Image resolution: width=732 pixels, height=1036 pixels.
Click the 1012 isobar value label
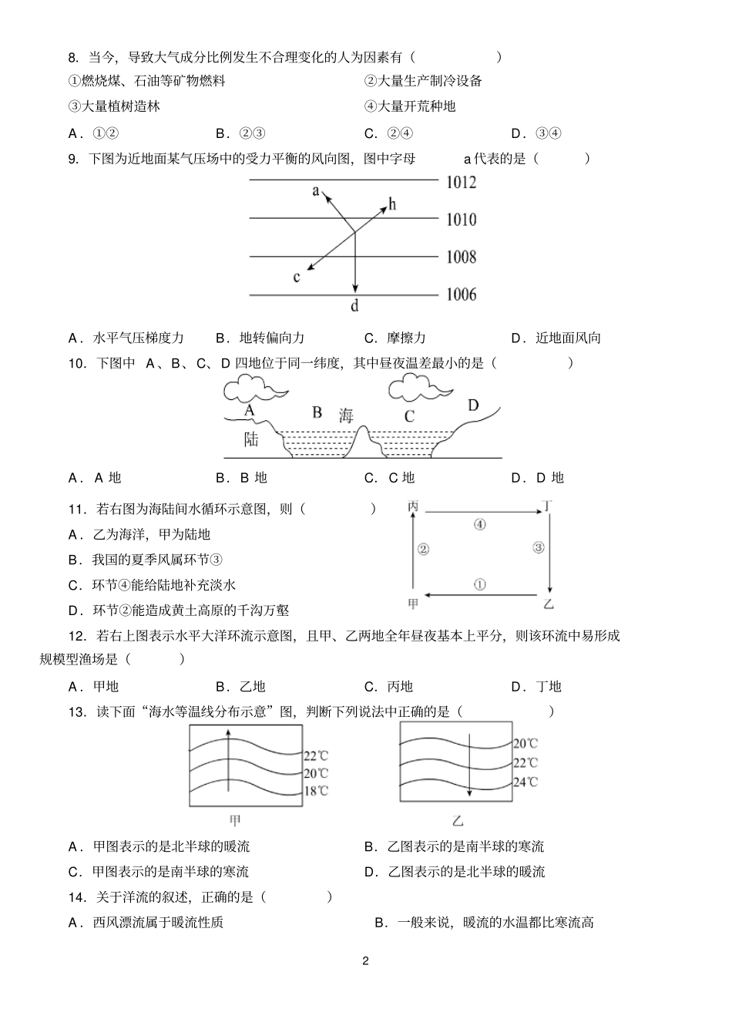461,183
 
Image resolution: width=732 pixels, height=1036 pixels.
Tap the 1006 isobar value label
461,294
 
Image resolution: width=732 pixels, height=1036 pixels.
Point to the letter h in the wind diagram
392,203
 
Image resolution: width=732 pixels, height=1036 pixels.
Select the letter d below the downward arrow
354,306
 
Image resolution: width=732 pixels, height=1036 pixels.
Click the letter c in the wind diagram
297,277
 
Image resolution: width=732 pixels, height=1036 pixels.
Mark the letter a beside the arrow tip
315,190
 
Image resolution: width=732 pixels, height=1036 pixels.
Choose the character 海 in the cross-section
346,415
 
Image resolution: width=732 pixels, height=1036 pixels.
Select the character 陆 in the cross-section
251,439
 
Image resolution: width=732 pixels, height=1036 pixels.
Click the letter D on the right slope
473,405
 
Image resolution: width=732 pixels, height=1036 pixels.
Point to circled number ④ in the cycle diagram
479,524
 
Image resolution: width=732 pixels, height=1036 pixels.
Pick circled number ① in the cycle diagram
479,584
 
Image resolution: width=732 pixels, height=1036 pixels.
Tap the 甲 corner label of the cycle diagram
414,604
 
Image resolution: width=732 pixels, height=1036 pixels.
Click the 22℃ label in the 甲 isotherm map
316,756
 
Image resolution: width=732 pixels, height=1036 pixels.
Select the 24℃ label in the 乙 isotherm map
526,782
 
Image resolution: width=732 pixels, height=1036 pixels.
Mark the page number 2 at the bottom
365,960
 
